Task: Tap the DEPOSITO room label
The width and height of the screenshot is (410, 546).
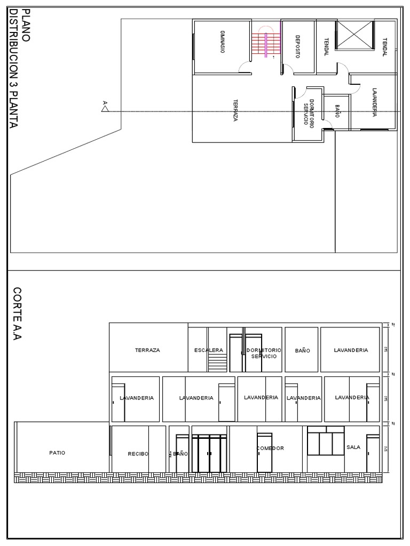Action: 297,46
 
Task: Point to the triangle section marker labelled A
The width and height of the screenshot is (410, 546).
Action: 105,109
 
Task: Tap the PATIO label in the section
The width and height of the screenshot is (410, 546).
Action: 57,453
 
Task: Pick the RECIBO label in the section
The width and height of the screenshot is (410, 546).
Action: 138,454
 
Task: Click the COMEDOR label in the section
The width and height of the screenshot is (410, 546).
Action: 270,448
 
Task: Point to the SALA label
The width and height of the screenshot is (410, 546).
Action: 353,447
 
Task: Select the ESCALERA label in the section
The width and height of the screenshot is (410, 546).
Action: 209,350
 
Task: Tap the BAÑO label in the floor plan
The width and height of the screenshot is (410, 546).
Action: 337,111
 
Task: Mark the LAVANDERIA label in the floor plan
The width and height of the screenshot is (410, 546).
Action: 375,101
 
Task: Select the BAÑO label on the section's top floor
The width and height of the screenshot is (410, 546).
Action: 302,351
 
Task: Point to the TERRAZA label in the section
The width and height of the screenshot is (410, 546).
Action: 147,350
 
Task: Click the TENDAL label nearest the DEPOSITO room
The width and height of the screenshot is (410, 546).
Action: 326,46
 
